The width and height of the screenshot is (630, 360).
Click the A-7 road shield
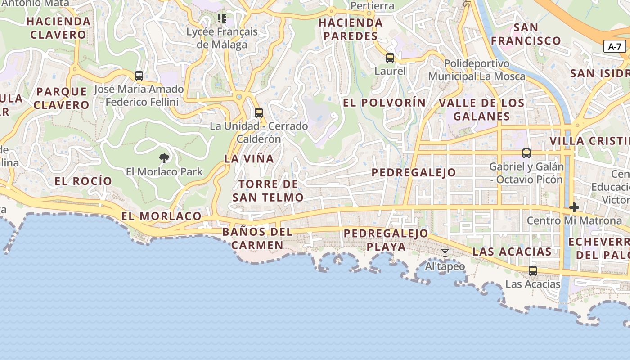[x=614, y=46]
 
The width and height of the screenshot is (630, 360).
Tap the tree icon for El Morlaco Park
[x=164, y=158]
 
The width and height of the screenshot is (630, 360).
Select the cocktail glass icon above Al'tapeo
[x=445, y=253]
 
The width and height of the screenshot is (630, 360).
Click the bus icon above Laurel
[x=390, y=58]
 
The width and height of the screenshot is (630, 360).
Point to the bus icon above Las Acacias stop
[x=533, y=271]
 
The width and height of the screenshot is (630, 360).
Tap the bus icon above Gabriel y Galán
[x=526, y=153]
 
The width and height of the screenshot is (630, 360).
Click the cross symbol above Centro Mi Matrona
[x=574, y=207]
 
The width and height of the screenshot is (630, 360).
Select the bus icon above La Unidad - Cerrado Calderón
[x=259, y=113]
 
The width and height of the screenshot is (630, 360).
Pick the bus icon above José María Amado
[x=139, y=76]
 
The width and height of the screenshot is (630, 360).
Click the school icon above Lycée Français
[x=222, y=18]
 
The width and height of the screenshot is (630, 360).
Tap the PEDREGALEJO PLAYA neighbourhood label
[x=386, y=240]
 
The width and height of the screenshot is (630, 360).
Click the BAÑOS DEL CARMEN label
[x=257, y=239]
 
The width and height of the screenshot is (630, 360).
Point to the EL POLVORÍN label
[x=384, y=103]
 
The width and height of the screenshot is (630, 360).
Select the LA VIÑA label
[x=249, y=158]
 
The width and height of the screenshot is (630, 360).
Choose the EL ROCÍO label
[x=83, y=181]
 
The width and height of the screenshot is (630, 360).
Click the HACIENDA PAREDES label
[x=351, y=29]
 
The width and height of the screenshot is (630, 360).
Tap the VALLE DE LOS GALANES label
[x=481, y=109]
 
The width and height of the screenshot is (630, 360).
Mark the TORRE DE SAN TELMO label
[x=268, y=191]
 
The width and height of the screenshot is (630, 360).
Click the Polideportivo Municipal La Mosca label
[x=477, y=70]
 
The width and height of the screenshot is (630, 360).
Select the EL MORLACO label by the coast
[x=161, y=216]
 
